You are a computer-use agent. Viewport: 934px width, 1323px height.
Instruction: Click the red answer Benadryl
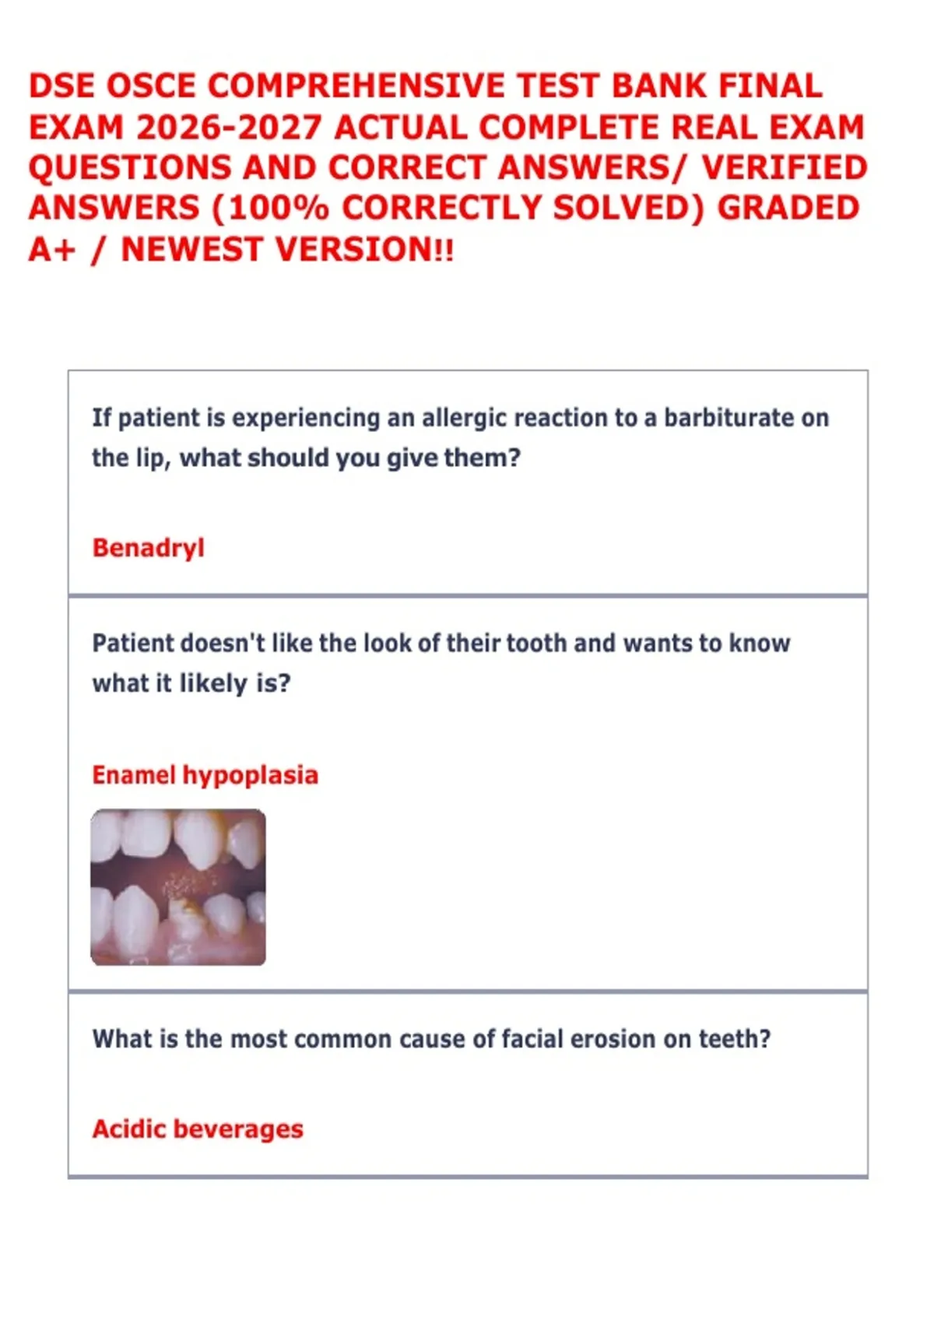point(149,549)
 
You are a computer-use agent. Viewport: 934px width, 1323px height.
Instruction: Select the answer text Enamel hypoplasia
point(205,776)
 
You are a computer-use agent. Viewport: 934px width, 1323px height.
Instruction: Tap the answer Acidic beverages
point(198,1129)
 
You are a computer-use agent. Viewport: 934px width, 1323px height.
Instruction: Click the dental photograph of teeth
point(177,888)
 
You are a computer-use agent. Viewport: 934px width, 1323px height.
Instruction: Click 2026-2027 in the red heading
point(229,127)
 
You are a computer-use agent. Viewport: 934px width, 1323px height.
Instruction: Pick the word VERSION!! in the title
point(365,249)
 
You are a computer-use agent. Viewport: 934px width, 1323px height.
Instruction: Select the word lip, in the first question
point(154,459)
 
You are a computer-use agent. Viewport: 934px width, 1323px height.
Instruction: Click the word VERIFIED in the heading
point(785,168)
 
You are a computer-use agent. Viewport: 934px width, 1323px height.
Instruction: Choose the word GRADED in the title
point(788,208)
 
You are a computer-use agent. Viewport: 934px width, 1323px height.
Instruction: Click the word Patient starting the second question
point(133,644)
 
